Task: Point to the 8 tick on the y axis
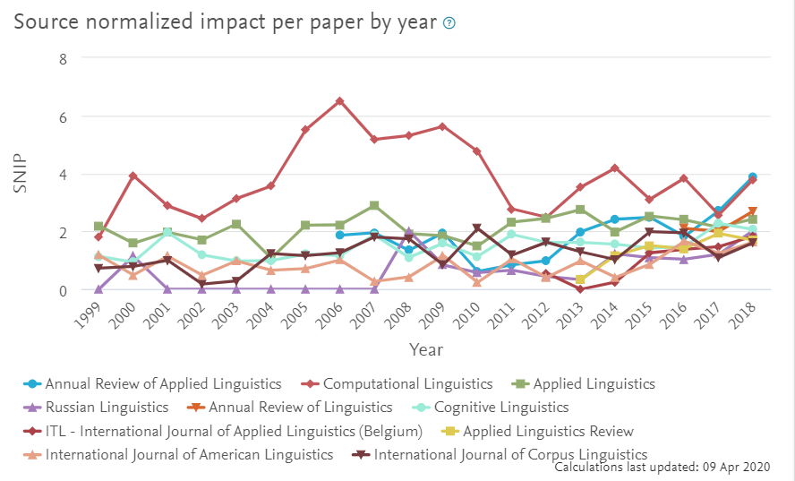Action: pyautogui.click(x=63, y=58)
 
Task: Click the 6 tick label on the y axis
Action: pyautogui.click(x=63, y=116)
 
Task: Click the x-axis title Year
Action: pyautogui.click(x=425, y=349)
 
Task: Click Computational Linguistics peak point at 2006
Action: pyautogui.click(x=339, y=101)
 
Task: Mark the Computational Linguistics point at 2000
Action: pyautogui.click(x=132, y=176)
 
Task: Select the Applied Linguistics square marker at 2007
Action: pyautogui.click(x=374, y=206)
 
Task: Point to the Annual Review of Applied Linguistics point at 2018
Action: pyautogui.click(x=752, y=177)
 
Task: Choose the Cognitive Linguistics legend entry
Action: pyautogui.click(x=487, y=408)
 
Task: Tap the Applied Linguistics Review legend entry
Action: pyautogui.click(x=547, y=431)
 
